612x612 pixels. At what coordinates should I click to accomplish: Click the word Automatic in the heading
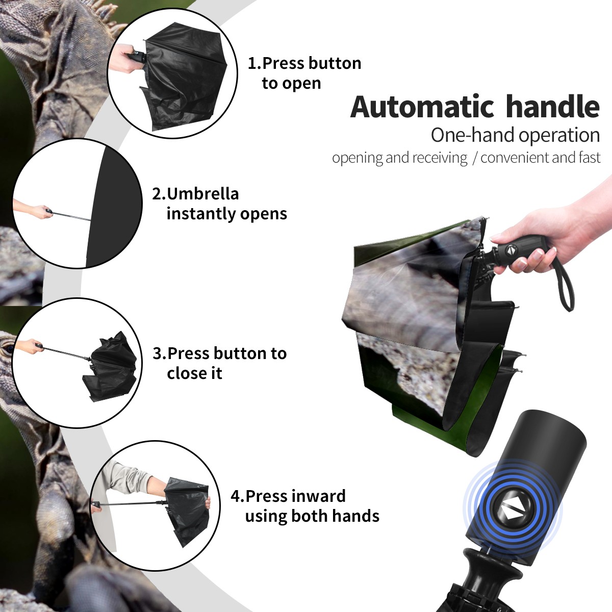(422, 107)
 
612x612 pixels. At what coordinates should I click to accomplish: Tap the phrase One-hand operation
(515, 136)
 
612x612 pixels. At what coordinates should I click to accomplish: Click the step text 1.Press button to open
(304, 73)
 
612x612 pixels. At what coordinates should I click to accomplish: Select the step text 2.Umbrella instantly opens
(219, 203)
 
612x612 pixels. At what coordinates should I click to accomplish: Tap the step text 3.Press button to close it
(219, 363)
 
